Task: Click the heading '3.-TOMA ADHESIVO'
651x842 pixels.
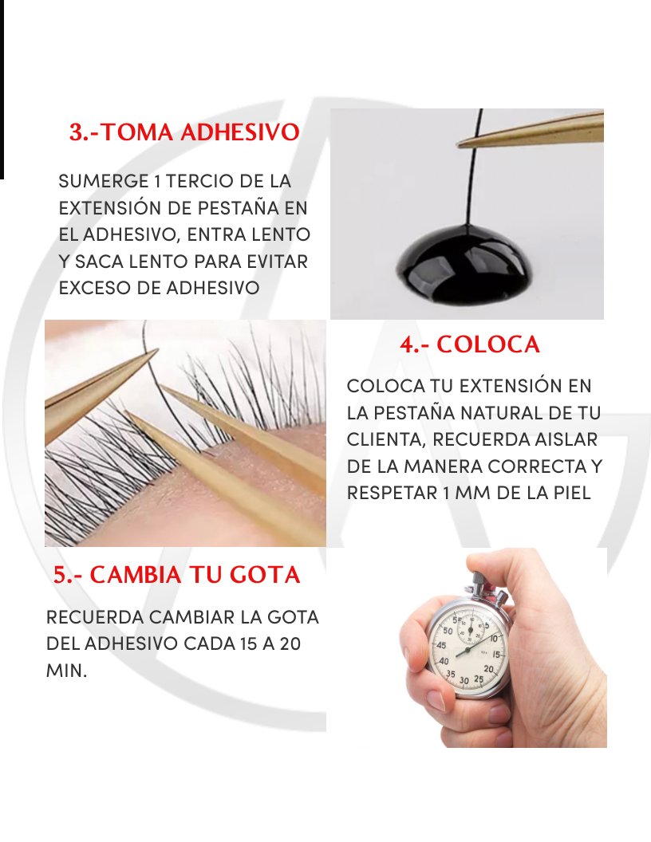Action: [184, 132]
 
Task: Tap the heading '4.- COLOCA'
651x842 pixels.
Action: [469, 344]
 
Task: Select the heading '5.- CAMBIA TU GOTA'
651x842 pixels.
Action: [177, 575]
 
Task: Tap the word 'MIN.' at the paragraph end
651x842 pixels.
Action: [66, 671]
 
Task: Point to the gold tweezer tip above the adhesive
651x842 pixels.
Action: [458, 144]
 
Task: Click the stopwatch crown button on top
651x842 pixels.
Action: [476, 579]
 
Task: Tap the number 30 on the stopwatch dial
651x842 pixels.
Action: [464, 681]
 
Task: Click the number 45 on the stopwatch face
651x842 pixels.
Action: [441, 646]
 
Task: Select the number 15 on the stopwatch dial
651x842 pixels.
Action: [497, 655]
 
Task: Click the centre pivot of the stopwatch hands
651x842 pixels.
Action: [467, 651]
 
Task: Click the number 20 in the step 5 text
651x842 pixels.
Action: [290, 643]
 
